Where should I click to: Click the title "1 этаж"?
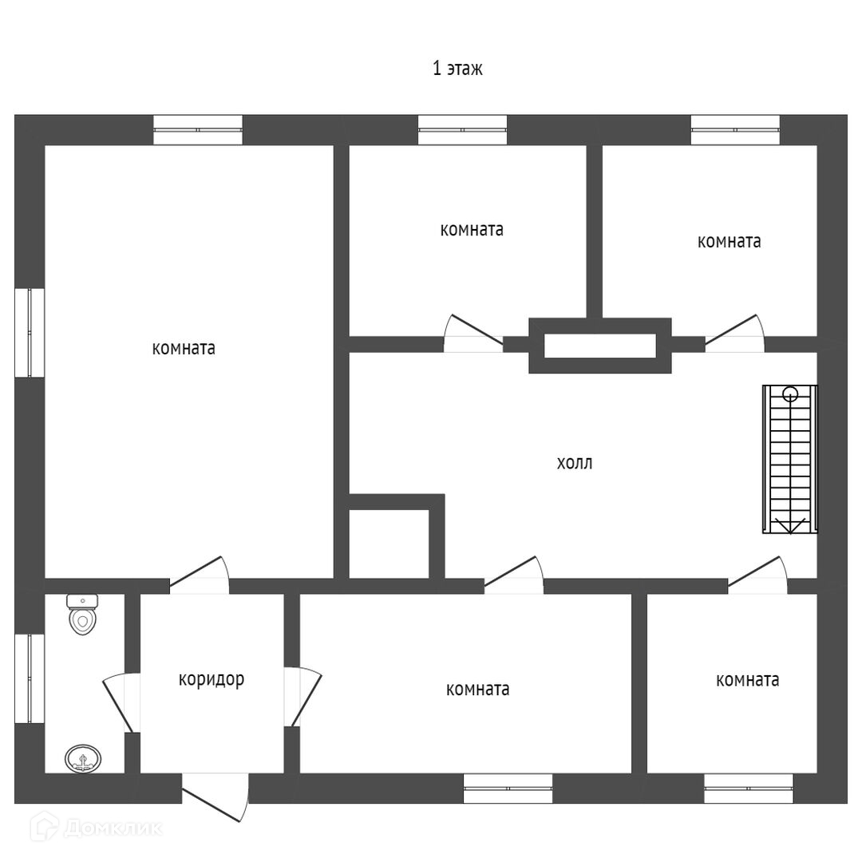[457, 69]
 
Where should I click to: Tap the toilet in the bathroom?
[82, 614]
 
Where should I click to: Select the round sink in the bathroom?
[82, 757]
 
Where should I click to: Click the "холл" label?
[575, 463]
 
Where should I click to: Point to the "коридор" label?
[211, 679]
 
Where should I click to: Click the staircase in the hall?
[789, 459]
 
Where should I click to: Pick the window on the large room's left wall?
[30, 332]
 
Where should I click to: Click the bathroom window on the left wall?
[30, 678]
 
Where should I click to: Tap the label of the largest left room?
[184, 349]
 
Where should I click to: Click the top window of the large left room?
[198, 129]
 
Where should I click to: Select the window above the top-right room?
[735, 129]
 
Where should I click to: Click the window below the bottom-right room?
[748, 788]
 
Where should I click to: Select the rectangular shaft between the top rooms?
[599, 346]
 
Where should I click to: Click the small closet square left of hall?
[389, 541]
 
